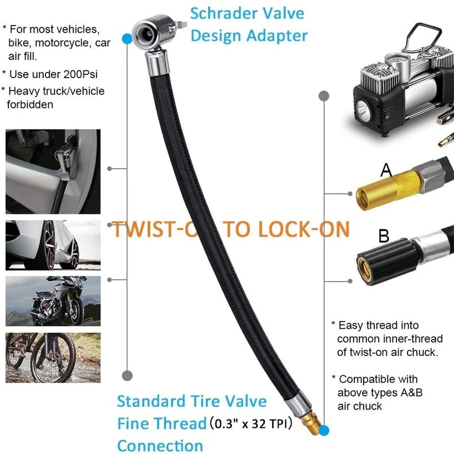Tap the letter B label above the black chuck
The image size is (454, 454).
point(384,235)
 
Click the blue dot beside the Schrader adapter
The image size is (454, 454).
point(127,39)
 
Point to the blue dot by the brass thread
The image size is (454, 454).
point(324,430)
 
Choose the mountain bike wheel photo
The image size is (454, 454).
point(53,357)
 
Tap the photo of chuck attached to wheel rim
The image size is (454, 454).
point(53,171)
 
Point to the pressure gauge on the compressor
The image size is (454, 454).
point(396,61)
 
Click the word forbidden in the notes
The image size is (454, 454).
point(30,104)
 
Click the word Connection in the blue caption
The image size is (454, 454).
point(160,445)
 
